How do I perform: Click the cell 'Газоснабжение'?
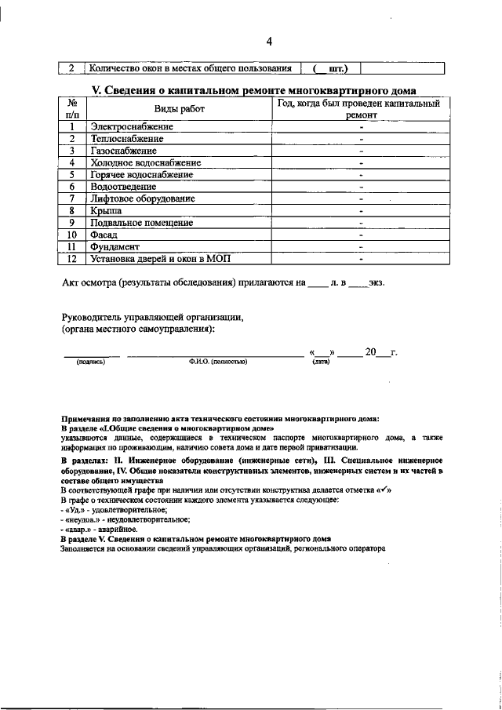click(123, 150)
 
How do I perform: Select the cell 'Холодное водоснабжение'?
click(145, 162)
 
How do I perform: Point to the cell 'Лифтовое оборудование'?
click(142, 198)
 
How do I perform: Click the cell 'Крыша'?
click(106, 210)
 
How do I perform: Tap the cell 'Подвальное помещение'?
click(141, 222)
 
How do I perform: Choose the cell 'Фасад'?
click(104, 235)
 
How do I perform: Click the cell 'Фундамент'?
click(114, 246)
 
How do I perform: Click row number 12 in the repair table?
click(71, 258)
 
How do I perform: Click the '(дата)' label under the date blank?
click(320, 362)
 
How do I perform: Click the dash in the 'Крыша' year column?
click(360, 210)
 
